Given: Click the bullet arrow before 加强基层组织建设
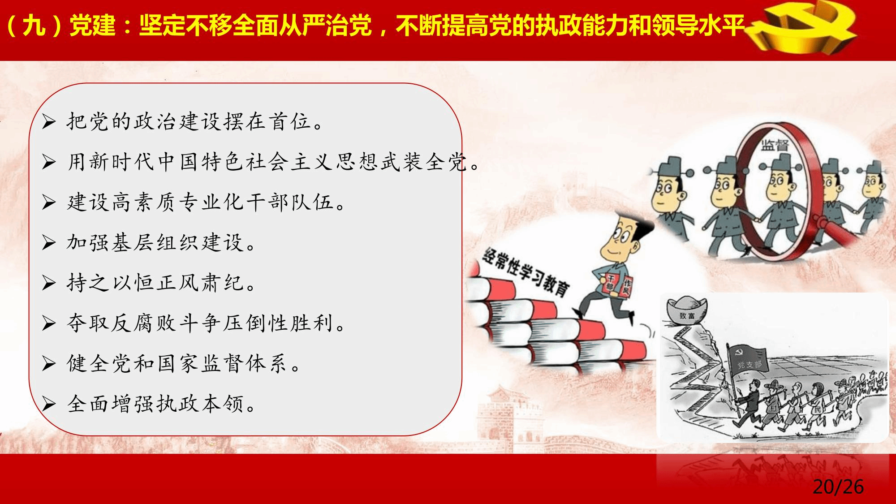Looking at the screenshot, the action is coord(48,243).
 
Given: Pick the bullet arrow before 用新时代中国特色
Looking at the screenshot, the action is coord(48,163).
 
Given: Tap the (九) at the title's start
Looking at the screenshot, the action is coord(34,26).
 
